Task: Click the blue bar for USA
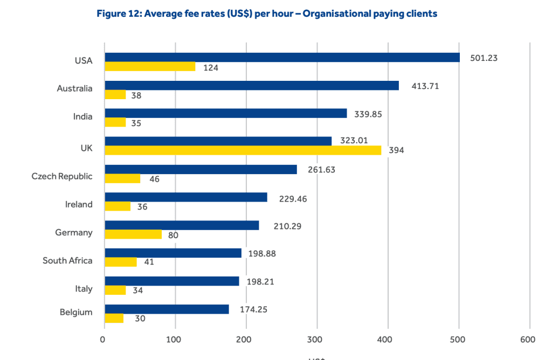(282, 57)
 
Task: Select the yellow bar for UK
(243, 150)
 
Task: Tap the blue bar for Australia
(252, 85)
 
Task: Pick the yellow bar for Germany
(133, 234)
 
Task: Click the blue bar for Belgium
(167, 309)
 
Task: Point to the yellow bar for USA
(150, 66)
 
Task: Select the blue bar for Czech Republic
(201, 169)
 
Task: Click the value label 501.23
(484, 58)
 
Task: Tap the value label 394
(396, 150)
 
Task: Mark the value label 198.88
(262, 253)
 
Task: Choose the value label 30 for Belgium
(140, 319)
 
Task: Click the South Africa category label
(67, 261)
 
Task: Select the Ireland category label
(79, 205)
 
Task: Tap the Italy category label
(84, 289)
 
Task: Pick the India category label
(82, 116)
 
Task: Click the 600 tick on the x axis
(528, 339)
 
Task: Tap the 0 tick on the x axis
(102, 339)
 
